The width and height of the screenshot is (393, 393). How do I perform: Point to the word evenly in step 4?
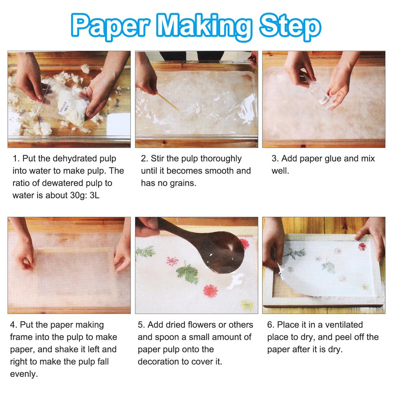(x=25, y=374)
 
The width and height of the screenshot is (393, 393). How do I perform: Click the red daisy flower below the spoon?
(x=210, y=291)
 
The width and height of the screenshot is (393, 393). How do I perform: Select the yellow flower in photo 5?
(x=246, y=305)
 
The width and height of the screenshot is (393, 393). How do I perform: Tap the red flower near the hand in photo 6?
(x=362, y=246)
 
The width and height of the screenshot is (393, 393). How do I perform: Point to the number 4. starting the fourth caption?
(x=13, y=325)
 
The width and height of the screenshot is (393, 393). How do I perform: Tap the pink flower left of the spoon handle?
(x=172, y=261)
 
